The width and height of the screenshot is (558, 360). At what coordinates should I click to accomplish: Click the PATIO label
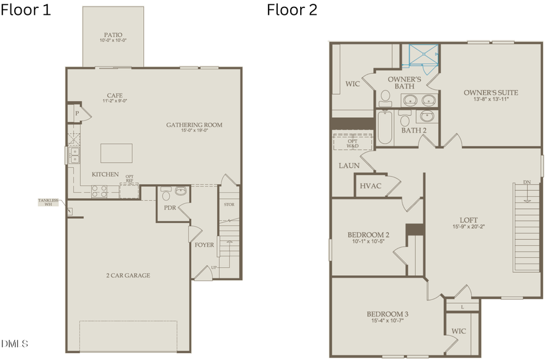[x=113, y=35]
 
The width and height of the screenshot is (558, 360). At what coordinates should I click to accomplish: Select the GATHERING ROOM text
[x=194, y=125]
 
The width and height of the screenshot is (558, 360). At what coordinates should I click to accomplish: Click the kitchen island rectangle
[x=117, y=153]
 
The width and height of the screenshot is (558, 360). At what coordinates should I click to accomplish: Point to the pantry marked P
[x=77, y=113]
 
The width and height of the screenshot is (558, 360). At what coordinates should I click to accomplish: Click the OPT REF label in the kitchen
[x=130, y=179]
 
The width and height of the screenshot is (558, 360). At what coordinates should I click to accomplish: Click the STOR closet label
[x=229, y=204]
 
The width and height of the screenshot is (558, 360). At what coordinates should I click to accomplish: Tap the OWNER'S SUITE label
[x=491, y=93]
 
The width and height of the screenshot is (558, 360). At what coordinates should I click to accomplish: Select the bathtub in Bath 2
[x=385, y=128]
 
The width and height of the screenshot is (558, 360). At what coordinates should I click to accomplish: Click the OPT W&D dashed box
[x=352, y=141]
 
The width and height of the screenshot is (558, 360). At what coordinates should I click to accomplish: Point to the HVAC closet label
[x=370, y=186]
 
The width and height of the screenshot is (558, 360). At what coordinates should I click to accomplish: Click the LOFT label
[x=469, y=219]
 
